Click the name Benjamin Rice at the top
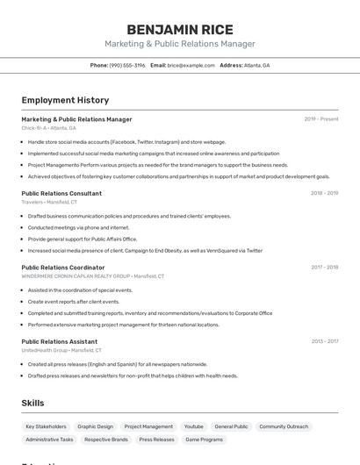(x=180, y=30)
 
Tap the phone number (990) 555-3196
(x=127, y=65)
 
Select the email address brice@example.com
(x=191, y=65)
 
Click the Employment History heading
(x=65, y=100)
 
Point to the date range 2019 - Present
(x=320, y=118)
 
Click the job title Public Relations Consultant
(x=61, y=193)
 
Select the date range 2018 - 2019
(x=323, y=193)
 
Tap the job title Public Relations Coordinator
(x=63, y=268)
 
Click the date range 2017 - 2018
(x=323, y=268)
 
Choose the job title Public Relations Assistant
(x=60, y=341)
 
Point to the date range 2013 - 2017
(x=323, y=341)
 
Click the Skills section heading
(x=33, y=403)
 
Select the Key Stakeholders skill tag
(x=46, y=426)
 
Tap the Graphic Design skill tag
(x=95, y=426)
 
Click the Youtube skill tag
(x=193, y=426)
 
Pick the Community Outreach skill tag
(x=284, y=426)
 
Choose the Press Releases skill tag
(x=156, y=440)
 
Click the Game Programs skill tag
(x=204, y=440)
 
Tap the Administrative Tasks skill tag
(x=49, y=440)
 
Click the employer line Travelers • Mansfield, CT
(x=49, y=202)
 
